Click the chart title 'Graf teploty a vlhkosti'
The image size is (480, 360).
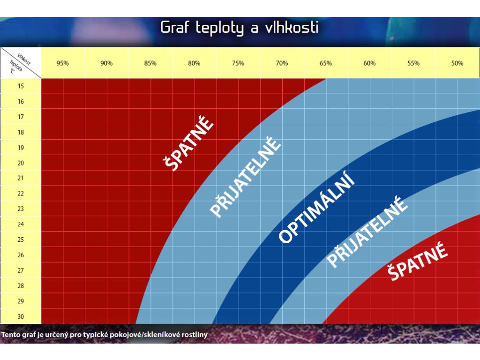240,28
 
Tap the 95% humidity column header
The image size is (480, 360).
62,63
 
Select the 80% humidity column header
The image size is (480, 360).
194,63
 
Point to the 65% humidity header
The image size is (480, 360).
326,63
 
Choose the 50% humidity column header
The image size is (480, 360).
457,63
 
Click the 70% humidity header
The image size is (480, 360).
282,63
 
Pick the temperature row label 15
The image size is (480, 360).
21,86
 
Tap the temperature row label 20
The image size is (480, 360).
21,163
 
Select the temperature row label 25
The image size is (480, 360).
21,240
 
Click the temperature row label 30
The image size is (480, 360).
21,316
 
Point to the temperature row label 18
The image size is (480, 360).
21,132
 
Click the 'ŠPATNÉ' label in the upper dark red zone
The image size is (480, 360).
188,142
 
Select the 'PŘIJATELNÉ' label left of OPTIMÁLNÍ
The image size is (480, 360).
245,177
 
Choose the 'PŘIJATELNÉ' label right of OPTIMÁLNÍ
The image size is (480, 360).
367,232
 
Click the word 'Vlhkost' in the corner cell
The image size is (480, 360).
24,60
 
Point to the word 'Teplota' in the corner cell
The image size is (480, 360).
15,66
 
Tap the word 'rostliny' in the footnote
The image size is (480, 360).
195,335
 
